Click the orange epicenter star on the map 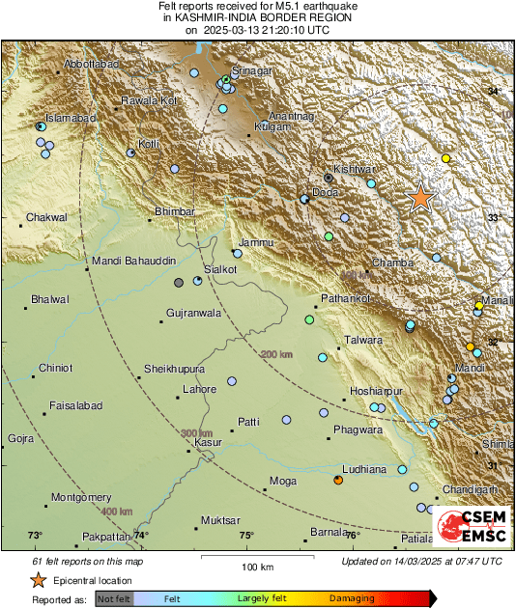point(420,198)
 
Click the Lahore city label point(200,389)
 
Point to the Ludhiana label point(364,469)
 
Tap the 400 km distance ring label point(118,511)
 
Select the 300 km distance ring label point(197,432)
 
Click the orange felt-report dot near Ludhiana point(338,480)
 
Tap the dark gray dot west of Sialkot point(179,283)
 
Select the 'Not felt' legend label point(115,598)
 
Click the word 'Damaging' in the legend point(352,598)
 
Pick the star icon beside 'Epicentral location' point(38,581)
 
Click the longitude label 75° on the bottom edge point(246,535)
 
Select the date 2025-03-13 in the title point(232,30)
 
